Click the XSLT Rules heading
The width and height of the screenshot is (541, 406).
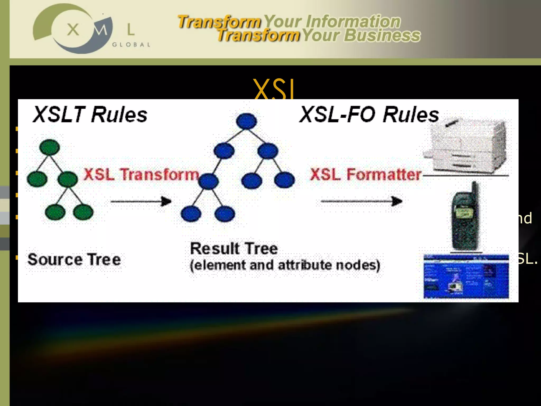click(x=90, y=114)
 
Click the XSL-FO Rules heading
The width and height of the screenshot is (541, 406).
click(x=369, y=114)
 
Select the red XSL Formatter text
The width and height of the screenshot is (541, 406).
click(x=366, y=174)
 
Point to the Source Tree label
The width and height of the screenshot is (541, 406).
click(x=74, y=259)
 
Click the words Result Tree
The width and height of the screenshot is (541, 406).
click(x=234, y=248)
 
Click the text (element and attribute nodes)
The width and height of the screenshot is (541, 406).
click(x=285, y=265)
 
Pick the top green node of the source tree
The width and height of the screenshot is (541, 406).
click(x=49, y=147)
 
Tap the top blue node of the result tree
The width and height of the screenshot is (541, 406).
click(x=246, y=121)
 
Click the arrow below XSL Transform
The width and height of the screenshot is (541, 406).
click(x=141, y=201)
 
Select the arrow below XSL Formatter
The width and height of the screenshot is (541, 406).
click(x=361, y=201)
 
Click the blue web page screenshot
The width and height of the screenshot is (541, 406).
click(x=466, y=276)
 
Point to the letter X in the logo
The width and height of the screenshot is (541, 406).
click(x=73, y=29)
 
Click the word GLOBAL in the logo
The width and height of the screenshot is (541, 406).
click(x=131, y=45)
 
